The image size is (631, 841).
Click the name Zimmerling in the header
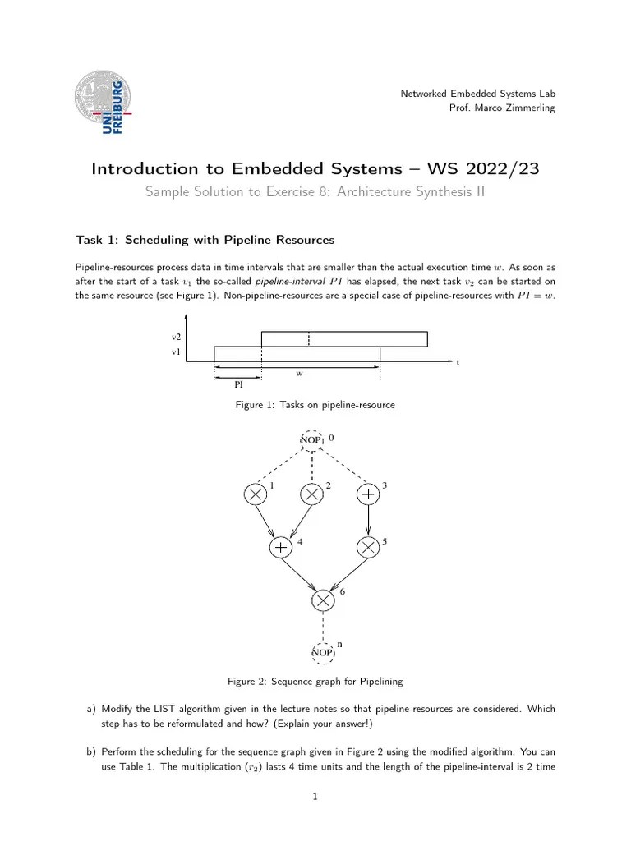(x=530, y=108)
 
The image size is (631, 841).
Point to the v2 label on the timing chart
(x=176, y=338)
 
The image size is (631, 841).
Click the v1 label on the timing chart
(x=176, y=352)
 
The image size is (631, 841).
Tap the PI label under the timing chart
(x=238, y=384)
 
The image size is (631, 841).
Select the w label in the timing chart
(x=299, y=374)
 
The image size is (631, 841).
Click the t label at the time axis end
(x=458, y=361)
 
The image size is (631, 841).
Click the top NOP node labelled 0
(x=312, y=440)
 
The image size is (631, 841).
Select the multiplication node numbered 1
(x=256, y=494)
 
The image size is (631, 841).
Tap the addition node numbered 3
(x=368, y=494)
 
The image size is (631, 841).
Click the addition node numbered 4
(x=281, y=547)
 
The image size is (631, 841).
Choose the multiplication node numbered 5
(x=368, y=547)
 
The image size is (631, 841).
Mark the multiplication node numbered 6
(x=324, y=600)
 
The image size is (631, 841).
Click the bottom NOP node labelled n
(x=323, y=652)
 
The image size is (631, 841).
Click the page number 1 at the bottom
(x=315, y=795)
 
